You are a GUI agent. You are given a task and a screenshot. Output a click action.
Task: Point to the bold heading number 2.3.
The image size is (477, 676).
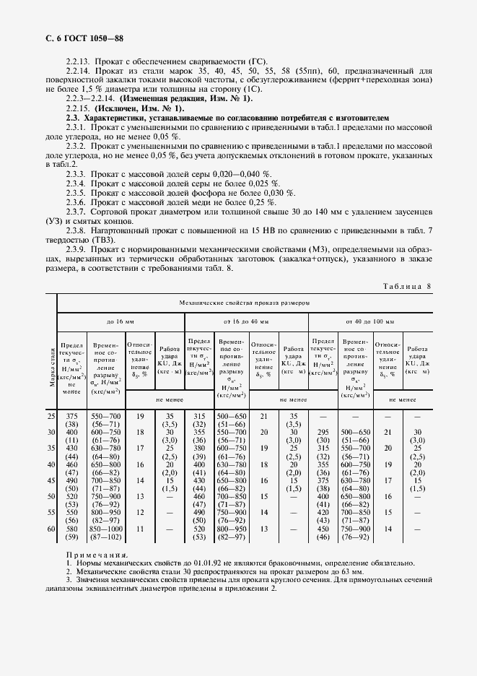coord(72,116)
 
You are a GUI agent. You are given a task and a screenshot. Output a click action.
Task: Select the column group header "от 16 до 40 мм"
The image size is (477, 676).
coord(246,319)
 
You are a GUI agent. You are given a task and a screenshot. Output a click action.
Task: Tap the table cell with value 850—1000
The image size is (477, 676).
coord(105,529)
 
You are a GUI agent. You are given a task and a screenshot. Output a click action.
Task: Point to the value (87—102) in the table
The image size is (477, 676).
coord(105,537)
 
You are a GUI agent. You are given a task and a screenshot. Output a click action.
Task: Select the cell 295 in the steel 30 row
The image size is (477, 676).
coord(323,431)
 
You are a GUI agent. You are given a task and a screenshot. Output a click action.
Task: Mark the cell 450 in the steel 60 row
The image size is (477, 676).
coord(323,529)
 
